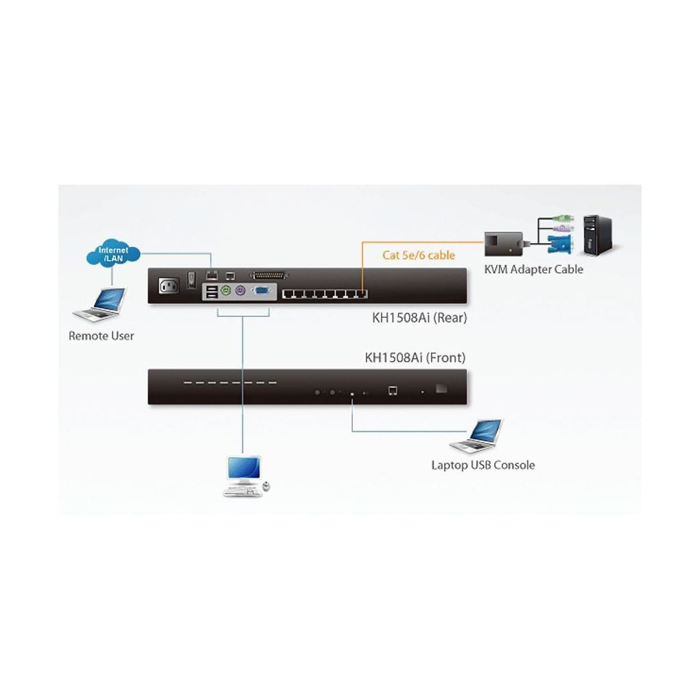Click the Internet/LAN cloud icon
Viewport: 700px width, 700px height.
pyautogui.click(x=113, y=253)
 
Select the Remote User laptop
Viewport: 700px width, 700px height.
pyautogui.click(x=100, y=305)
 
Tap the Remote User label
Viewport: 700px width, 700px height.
pyautogui.click(x=101, y=336)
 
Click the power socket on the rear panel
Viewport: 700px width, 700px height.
pyautogui.click(x=170, y=285)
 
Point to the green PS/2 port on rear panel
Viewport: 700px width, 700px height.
pyautogui.click(x=226, y=290)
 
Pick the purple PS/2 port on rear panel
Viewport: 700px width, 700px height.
pyautogui.click(x=240, y=290)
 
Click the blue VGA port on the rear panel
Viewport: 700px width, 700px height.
pyautogui.click(x=261, y=291)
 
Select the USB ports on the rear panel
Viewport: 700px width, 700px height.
pyautogui.click(x=211, y=292)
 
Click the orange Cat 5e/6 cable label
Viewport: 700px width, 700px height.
pyautogui.click(x=419, y=255)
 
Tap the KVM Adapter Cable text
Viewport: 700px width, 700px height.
pyautogui.click(x=533, y=269)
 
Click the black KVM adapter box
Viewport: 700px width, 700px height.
pyautogui.click(x=503, y=244)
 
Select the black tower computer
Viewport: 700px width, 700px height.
pyautogui.click(x=598, y=235)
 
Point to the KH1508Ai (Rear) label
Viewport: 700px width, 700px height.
pyautogui.click(x=419, y=318)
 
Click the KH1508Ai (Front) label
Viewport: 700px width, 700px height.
pyautogui.click(x=415, y=358)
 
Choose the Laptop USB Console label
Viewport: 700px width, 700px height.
pyautogui.click(x=482, y=465)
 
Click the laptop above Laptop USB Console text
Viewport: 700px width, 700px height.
pyautogui.click(x=476, y=436)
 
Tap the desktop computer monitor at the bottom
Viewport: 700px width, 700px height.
pyautogui.click(x=244, y=469)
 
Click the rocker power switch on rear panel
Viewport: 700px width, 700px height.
pyautogui.click(x=191, y=280)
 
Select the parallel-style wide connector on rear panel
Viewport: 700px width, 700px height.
pyautogui.click(x=269, y=275)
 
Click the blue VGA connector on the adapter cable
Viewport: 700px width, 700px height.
pyautogui.click(x=560, y=244)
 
